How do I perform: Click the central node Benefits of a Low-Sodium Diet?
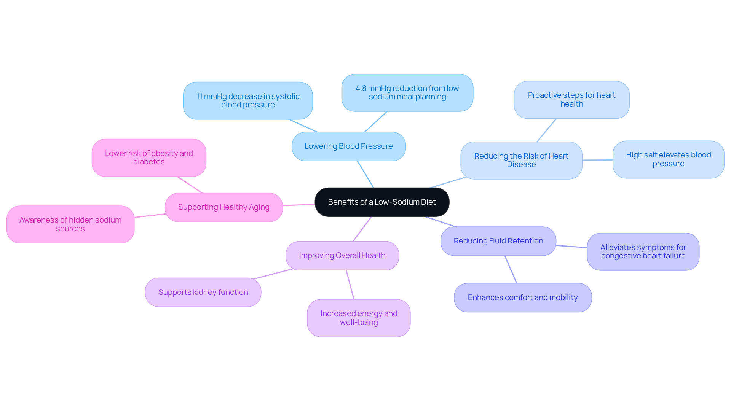pos(382,202)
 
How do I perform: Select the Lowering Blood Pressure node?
pos(348,146)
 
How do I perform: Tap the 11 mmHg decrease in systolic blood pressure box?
pos(248,101)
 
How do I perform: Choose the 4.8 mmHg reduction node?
pos(407,93)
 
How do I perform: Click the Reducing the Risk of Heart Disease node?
pos(521,161)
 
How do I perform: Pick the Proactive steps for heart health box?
pos(571,100)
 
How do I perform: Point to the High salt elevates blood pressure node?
pos(668,159)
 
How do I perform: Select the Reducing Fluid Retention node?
pos(498,241)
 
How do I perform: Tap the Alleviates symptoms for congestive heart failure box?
pos(643,252)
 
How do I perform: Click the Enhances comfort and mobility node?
pos(522,298)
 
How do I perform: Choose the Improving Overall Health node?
pos(342,256)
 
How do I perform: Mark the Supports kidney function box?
pos(203,293)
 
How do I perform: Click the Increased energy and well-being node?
pos(359,318)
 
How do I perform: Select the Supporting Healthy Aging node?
pos(223,207)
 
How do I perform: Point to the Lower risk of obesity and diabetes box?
pos(149,158)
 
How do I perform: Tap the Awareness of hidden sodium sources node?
pos(70,224)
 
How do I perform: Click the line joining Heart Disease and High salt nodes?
pos(597,160)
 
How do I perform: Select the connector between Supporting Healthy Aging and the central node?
pos(299,205)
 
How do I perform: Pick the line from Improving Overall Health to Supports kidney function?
pos(273,274)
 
